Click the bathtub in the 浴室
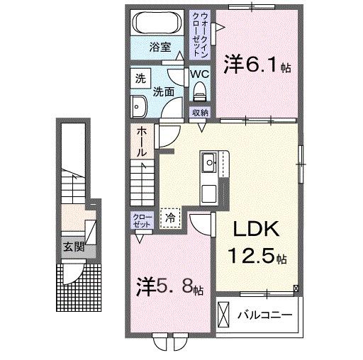coord(158,21)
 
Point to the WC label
coord(199,74)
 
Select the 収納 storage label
coord(200,112)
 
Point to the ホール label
coord(141,141)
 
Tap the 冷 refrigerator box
coord(172,218)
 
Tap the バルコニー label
coord(265,313)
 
